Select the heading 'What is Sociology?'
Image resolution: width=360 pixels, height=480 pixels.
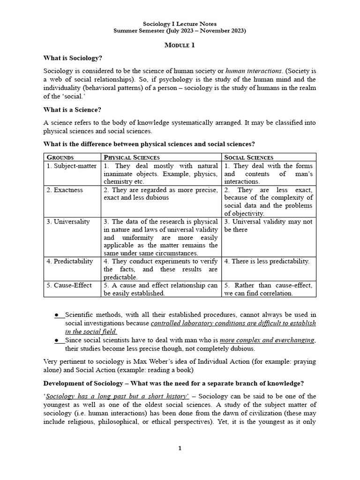[73, 58]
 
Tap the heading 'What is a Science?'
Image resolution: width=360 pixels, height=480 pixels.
[72, 110]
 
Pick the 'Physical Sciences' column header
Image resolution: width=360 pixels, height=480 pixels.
[132, 157]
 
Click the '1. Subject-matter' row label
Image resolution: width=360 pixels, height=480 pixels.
[71, 166]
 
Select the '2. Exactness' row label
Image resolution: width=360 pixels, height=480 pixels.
[65, 190]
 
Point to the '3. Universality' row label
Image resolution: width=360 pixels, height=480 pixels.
[68, 222]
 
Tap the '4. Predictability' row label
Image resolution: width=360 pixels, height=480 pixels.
[70, 261]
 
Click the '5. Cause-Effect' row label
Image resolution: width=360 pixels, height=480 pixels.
[69, 285]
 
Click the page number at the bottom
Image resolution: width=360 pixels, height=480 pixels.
[180, 448]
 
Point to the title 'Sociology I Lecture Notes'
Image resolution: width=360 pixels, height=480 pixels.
[180, 23]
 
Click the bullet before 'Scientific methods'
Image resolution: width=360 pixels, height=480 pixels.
[57, 314]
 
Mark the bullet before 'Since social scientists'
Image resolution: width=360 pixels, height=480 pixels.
[57, 340]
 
